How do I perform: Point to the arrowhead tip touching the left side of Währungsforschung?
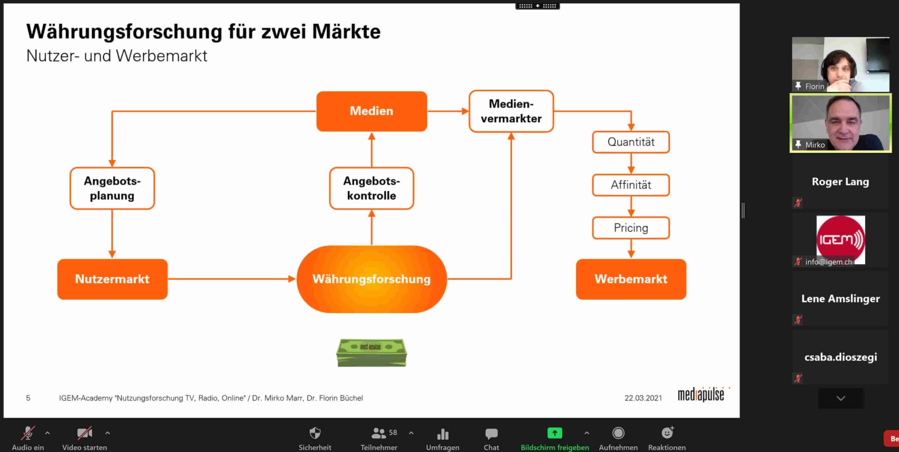click(296, 279)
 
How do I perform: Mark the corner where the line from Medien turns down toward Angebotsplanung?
click(112, 111)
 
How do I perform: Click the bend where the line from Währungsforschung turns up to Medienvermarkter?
click(511, 278)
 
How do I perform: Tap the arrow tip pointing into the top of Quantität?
click(631, 130)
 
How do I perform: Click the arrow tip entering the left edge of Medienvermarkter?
click(468, 111)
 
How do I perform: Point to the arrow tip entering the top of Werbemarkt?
click(631, 258)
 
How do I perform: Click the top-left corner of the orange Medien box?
click(317, 92)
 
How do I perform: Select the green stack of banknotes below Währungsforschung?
click(372, 352)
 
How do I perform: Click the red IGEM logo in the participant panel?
click(841, 239)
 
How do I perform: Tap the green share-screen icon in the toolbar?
click(554, 433)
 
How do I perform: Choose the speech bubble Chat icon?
click(491, 433)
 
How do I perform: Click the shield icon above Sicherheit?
click(315, 433)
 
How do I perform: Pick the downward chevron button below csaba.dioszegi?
click(841, 398)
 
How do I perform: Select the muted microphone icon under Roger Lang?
click(798, 202)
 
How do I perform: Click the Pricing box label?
click(631, 228)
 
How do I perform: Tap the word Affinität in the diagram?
click(631, 185)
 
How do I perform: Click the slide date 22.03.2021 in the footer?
click(643, 398)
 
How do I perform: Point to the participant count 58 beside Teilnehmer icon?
click(393, 432)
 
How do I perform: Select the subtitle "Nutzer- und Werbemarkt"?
click(116, 56)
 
